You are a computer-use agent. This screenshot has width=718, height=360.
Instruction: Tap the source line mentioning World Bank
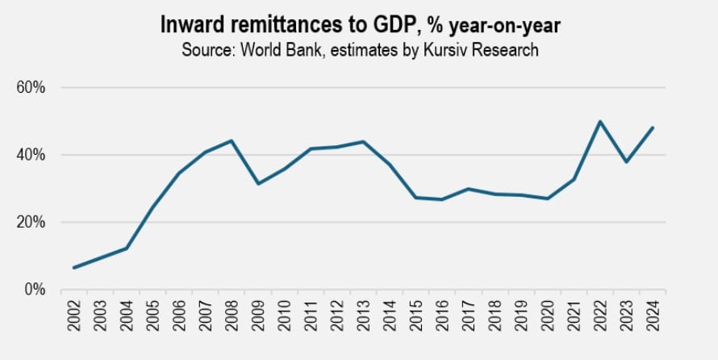pyautogui.click(x=359, y=49)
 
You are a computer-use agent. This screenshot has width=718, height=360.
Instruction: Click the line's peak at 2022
pyautogui.click(x=599, y=122)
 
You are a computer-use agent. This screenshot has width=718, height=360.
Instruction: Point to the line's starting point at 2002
pyautogui.click(x=74, y=267)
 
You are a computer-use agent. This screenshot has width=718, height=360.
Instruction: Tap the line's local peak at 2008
pyautogui.click(x=232, y=141)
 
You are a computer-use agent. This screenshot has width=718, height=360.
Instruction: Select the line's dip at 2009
pyautogui.click(x=258, y=183)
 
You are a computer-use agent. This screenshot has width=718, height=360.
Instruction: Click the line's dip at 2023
pyautogui.click(x=626, y=162)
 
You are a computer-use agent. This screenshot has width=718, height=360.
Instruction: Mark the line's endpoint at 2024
pyautogui.click(x=652, y=128)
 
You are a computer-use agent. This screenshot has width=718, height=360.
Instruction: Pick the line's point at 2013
pyautogui.click(x=363, y=142)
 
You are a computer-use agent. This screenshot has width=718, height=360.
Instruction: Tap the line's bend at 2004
pyautogui.click(x=127, y=248)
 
